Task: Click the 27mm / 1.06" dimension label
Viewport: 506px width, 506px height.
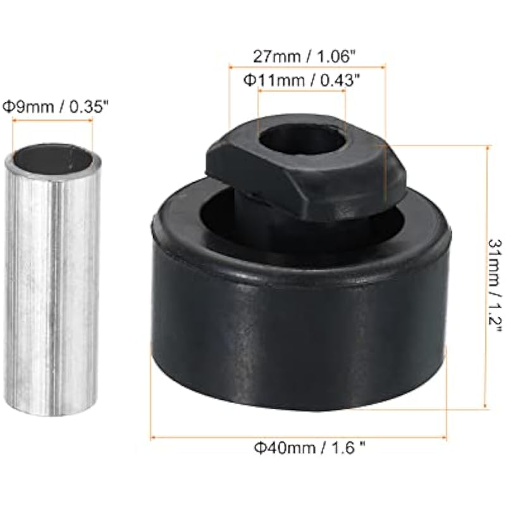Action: (x=304, y=57)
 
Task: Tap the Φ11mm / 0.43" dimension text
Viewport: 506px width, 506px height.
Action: (x=302, y=80)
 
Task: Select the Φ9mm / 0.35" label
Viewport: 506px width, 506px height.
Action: (x=55, y=107)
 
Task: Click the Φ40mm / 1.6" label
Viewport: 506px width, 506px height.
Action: (x=310, y=448)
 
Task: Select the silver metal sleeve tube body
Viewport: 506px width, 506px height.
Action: (x=52, y=280)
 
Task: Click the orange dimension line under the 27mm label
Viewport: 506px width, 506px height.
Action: (x=307, y=67)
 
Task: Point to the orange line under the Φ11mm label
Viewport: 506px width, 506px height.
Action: (x=302, y=91)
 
